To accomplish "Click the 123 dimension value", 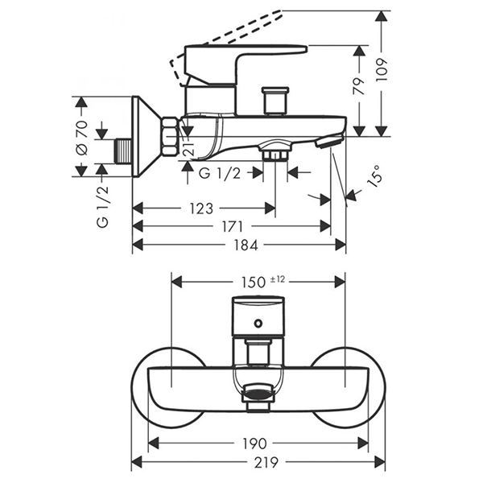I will [x=202, y=209].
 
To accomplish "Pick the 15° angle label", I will [x=372, y=176].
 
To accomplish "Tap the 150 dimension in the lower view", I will [x=253, y=282].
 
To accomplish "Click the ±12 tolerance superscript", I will [x=279, y=279].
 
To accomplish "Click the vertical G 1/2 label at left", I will [x=102, y=207].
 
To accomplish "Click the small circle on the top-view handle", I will [x=258, y=323].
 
